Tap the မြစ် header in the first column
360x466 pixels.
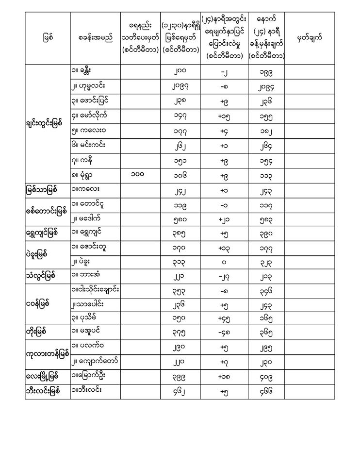coord(48,37)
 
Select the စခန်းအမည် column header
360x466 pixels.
coord(95,37)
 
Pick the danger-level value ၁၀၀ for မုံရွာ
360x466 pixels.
coord(140,175)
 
